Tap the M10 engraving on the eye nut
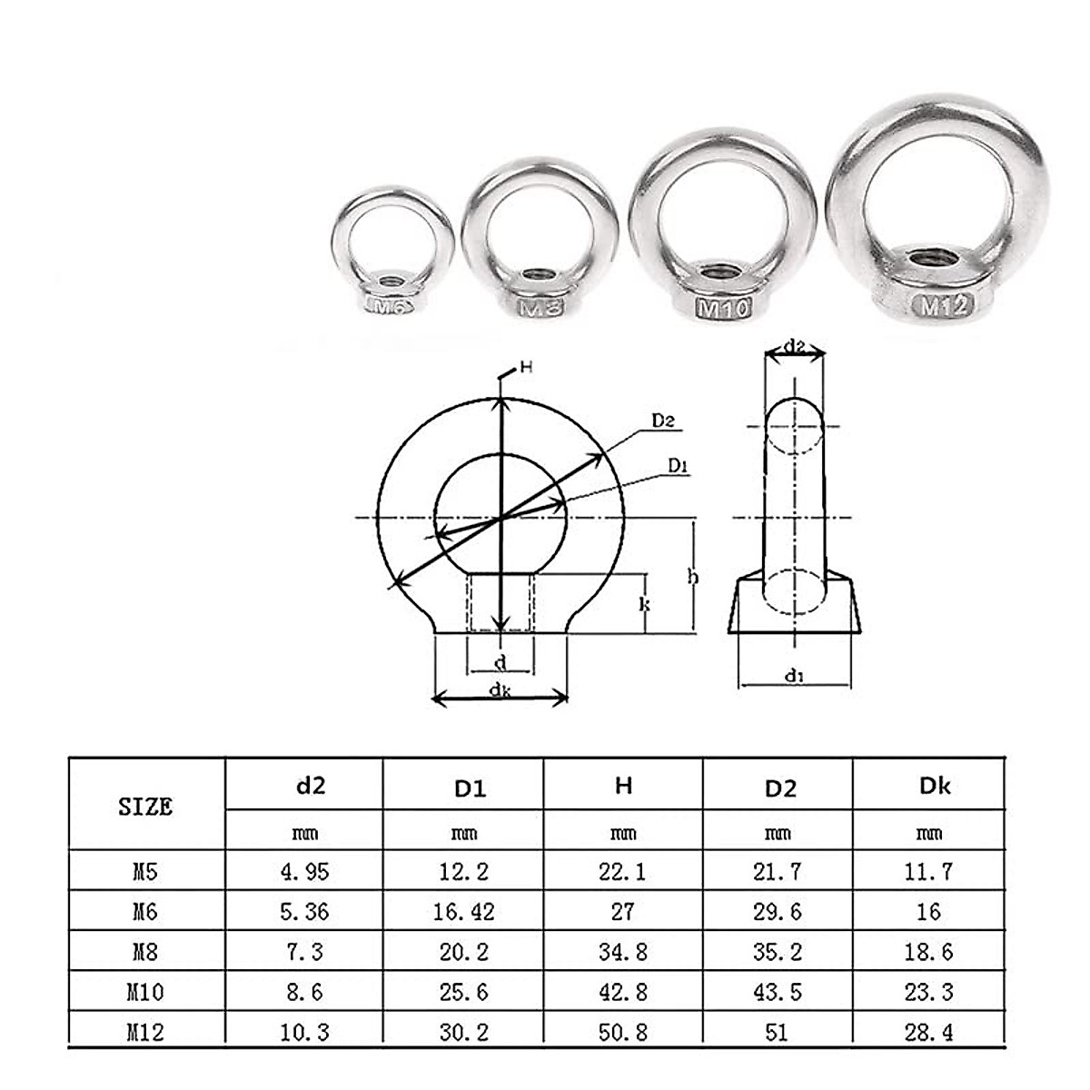[724, 309]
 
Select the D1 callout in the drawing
[679, 466]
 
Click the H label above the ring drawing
[525, 368]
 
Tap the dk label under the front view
[499, 691]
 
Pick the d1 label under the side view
[795, 675]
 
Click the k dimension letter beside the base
[644, 602]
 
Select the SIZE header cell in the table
[145, 806]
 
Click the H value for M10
[623, 992]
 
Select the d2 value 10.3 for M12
[305, 1032]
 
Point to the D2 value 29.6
[778, 911]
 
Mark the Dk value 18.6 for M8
[928, 952]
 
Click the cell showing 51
[778, 1032]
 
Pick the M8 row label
[145, 952]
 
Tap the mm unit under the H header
[623, 832]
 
